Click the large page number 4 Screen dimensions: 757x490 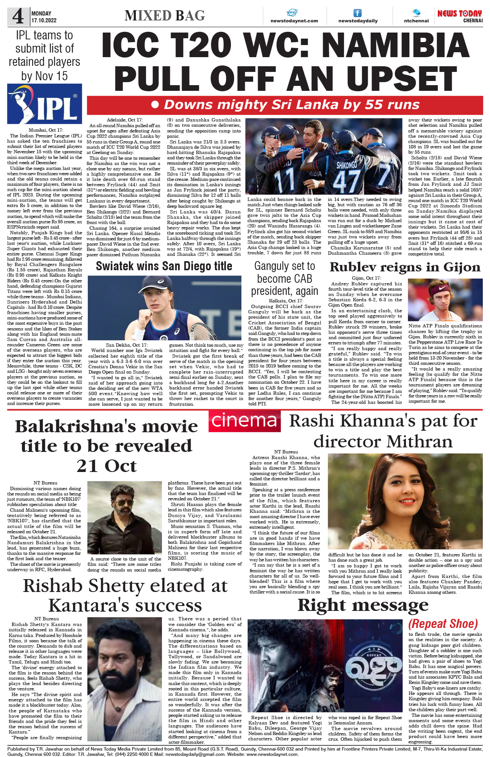(x=18, y=16)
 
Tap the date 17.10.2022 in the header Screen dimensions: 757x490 (x=44, y=20)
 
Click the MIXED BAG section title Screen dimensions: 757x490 (x=165, y=16)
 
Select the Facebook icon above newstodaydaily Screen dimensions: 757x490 (x=357, y=13)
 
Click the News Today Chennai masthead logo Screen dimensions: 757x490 (x=459, y=16)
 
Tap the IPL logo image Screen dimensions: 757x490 (x=45, y=104)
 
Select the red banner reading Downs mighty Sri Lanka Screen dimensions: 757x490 (x=285, y=105)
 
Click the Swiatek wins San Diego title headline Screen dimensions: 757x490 (x=164, y=266)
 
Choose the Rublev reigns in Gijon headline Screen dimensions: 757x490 (x=405, y=267)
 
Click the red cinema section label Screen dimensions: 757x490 (x=244, y=421)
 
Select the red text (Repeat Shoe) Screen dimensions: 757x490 (x=443, y=623)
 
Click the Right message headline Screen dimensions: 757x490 (x=363, y=605)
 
